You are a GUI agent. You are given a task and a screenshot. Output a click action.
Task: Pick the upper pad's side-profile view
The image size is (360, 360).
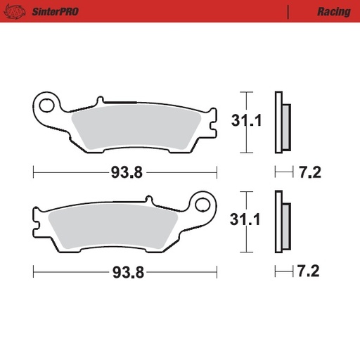(x=281, y=122)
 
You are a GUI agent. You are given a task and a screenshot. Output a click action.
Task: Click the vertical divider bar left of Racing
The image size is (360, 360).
(x=288, y=12)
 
